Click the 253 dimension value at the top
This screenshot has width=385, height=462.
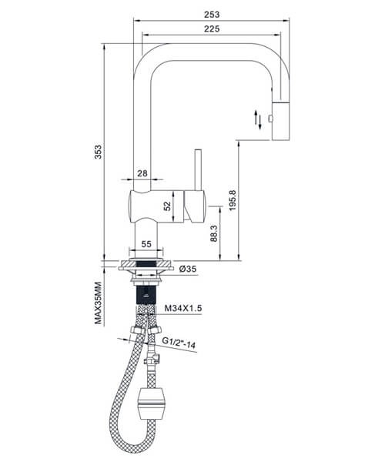click(x=212, y=14)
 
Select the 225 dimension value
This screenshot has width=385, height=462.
click(x=212, y=28)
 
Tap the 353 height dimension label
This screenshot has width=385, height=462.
click(x=98, y=152)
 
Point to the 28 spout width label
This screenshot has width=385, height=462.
click(x=142, y=173)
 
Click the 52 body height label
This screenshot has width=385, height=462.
click(x=167, y=206)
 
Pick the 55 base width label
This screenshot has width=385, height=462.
click(x=146, y=244)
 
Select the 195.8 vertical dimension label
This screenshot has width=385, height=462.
click(x=233, y=200)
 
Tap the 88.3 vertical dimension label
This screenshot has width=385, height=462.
click(x=214, y=233)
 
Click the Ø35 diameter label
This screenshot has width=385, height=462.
click(x=188, y=269)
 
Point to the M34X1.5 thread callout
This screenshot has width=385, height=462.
click(x=183, y=308)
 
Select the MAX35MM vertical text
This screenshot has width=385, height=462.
click(x=98, y=303)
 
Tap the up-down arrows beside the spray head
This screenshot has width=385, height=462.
click(x=258, y=119)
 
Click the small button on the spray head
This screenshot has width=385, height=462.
click(x=270, y=119)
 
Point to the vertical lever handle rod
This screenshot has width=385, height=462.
click(x=198, y=170)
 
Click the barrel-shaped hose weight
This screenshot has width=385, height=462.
click(x=152, y=403)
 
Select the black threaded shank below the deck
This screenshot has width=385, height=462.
click(x=146, y=295)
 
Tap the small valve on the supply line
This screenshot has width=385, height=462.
click(x=152, y=359)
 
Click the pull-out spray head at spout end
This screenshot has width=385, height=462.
click(x=281, y=121)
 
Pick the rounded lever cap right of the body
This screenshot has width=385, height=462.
click(x=195, y=206)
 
